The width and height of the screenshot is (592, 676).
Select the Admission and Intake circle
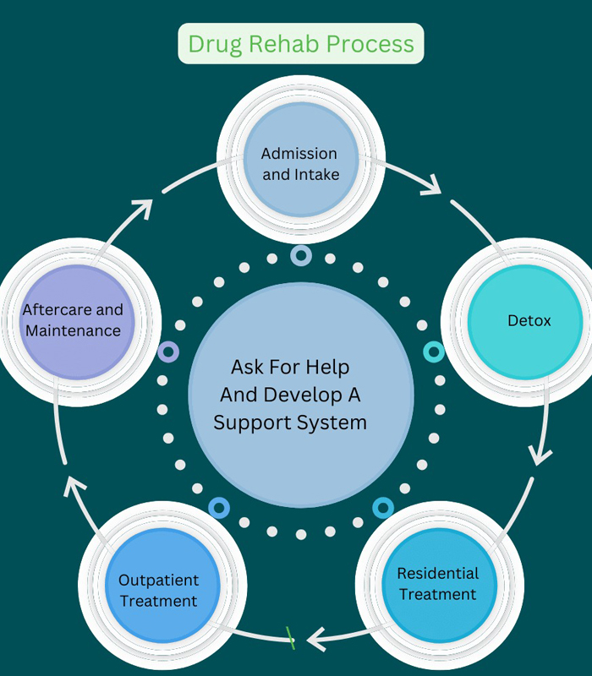click(x=299, y=164)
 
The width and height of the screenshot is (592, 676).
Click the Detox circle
click(x=524, y=321)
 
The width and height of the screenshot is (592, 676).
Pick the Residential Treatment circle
click(x=438, y=583)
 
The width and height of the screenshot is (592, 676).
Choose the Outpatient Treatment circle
click(x=159, y=590)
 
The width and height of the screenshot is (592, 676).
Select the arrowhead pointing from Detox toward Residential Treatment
click(x=540, y=457)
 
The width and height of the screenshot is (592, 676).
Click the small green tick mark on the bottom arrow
click(x=290, y=638)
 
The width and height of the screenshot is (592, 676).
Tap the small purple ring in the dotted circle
click(x=168, y=352)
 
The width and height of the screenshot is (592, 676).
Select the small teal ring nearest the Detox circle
click(x=433, y=352)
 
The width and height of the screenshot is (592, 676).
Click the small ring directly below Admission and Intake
click(x=300, y=254)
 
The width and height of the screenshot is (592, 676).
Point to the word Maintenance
click(x=73, y=330)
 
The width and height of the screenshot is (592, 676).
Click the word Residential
click(x=438, y=573)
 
